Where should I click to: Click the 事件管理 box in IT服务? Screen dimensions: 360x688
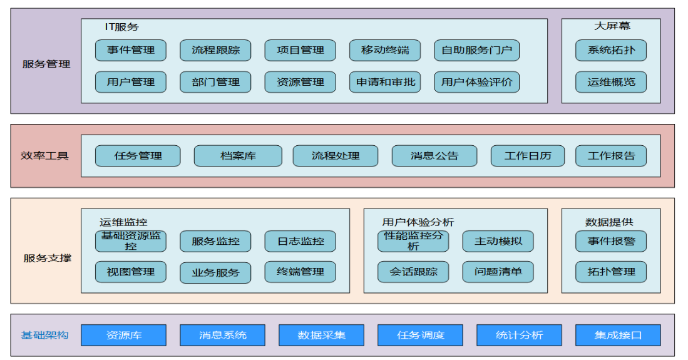pos(130,50)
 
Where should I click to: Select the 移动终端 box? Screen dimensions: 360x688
pos(385,50)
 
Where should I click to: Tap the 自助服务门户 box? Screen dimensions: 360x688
pos(476,50)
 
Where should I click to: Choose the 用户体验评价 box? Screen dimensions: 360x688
pos(476,82)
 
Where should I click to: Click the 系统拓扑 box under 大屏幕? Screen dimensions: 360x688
pos(610,50)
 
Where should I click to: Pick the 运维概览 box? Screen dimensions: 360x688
pos(610,82)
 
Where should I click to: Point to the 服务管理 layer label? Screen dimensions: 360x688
pos(46,64)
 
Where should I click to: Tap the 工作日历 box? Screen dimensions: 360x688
pos(528,156)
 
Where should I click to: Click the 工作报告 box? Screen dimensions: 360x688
pos(610,156)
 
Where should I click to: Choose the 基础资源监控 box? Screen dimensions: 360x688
pos(130,241)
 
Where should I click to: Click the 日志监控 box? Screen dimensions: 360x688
pos(300,241)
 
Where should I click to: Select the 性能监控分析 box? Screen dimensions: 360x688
pos(413,241)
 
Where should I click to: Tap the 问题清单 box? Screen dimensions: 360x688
pos(498,272)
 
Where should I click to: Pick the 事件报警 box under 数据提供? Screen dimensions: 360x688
pos(610,241)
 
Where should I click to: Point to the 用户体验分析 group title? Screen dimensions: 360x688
pos(418,222)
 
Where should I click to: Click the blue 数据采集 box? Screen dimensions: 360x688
pos(321,335)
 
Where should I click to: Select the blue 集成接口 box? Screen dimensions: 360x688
pos(618,335)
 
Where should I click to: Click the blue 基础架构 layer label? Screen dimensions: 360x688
pos(44,335)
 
